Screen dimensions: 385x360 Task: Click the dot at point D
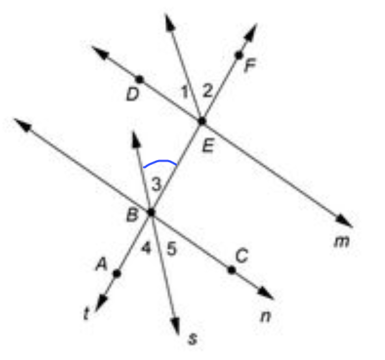139,79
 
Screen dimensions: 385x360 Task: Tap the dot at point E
202,121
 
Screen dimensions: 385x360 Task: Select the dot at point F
239,55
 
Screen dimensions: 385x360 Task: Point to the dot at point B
151,212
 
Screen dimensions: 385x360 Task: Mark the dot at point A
117,273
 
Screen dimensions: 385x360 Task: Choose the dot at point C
232,270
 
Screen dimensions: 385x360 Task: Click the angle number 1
185,92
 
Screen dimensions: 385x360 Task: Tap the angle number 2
207,90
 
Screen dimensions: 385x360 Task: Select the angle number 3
156,184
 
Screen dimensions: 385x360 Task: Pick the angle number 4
146,247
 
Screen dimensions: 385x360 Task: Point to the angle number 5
172,249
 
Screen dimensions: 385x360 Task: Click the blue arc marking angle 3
160,161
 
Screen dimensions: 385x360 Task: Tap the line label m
341,242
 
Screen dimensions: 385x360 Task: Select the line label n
266,316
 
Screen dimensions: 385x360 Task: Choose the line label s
192,339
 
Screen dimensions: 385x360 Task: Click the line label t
86,313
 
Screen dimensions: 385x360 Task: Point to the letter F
250,65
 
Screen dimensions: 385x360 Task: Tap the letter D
133,94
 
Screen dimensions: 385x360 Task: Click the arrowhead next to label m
344,221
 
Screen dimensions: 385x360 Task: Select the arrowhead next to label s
176,326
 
